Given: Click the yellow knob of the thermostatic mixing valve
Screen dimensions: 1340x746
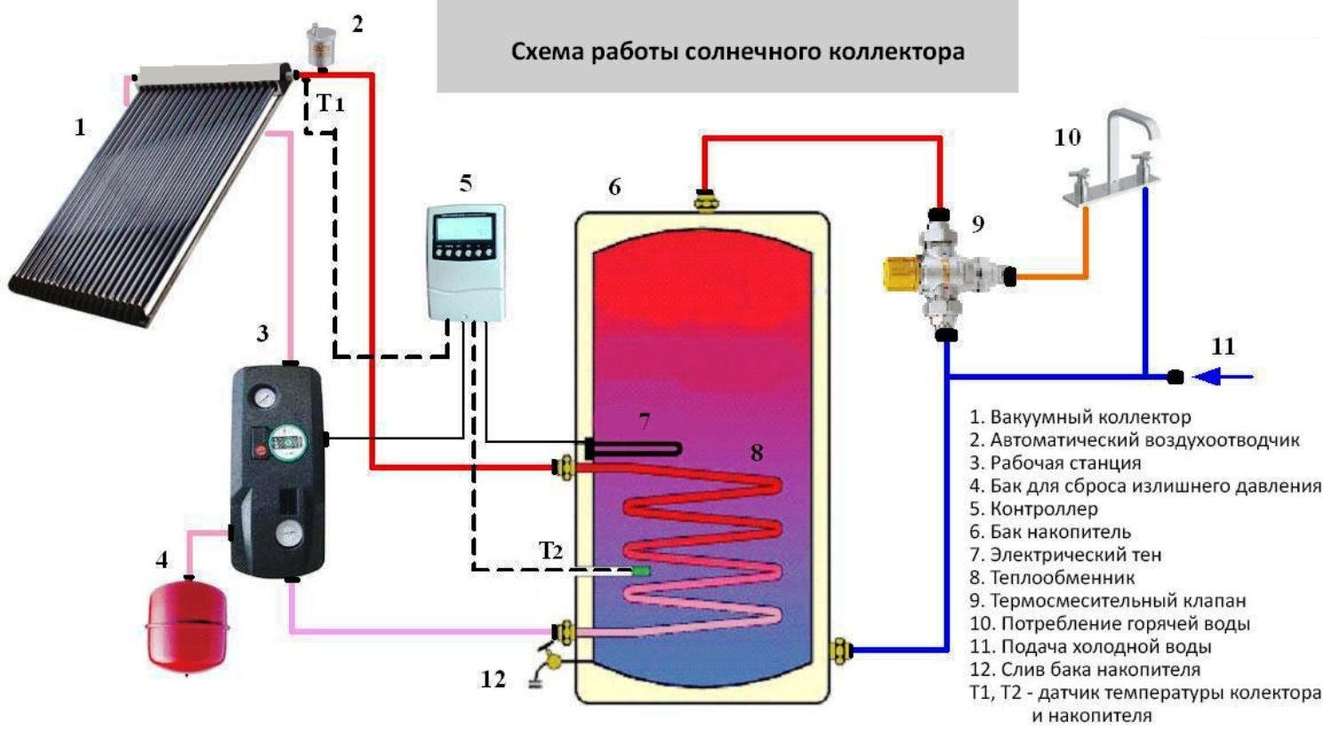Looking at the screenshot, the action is [902, 274].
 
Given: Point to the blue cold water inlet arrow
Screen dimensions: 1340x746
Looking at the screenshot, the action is [1223, 377].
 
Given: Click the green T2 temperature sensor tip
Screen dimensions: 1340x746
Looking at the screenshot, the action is [641, 571].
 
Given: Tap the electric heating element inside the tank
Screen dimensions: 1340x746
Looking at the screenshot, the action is [633, 449].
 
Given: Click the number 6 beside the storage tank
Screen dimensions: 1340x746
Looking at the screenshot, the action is [615, 187].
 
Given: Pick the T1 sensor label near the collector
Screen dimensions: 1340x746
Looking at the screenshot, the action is [330, 103].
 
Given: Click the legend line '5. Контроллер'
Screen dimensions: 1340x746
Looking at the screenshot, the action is [1034, 509].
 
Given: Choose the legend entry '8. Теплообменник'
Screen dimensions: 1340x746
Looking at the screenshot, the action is [1052, 578].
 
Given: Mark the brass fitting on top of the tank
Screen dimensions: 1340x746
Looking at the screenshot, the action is [705, 200].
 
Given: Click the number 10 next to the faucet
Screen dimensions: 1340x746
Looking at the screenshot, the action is [1067, 138].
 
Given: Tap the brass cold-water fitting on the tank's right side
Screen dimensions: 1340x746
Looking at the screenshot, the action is [840, 649].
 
